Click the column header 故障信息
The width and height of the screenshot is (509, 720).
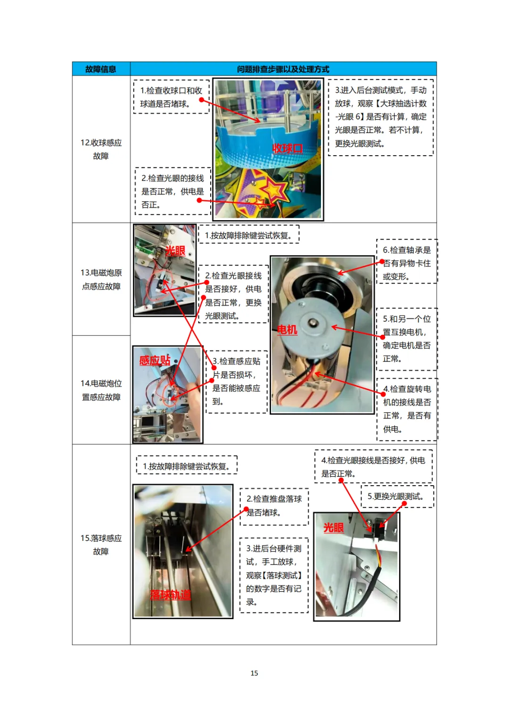pyautogui.click(x=100, y=69)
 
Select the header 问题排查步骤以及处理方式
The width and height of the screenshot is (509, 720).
pyautogui.click(x=283, y=69)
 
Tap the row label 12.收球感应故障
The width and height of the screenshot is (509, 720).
pyautogui.click(x=101, y=149)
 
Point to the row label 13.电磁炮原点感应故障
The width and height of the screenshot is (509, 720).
pyautogui.click(x=101, y=279)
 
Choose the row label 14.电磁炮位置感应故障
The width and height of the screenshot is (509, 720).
pyautogui.click(x=101, y=390)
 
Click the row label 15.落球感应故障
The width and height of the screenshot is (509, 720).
pyautogui.click(x=101, y=545)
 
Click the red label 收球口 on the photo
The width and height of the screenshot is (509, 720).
pyautogui.click(x=287, y=149)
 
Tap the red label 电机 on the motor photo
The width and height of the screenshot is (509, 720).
pyautogui.click(x=287, y=330)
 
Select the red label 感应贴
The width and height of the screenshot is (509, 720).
pyautogui.click(x=155, y=360)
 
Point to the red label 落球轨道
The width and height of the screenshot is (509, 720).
pyautogui.click(x=170, y=595)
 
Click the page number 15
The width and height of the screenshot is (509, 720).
pyautogui.click(x=254, y=673)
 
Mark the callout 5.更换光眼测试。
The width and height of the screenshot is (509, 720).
pyautogui.click(x=397, y=497)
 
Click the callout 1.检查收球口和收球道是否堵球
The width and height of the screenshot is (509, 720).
pyautogui.click(x=171, y=97)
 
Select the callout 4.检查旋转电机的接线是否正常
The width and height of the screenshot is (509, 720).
pyautogui.click(x=407, y=409)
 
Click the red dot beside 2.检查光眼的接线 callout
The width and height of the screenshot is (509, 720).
pyautogui.click(x=199, y=200)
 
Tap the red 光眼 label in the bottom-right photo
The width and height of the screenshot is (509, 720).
pyautogui.click(x=334, y=528)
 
